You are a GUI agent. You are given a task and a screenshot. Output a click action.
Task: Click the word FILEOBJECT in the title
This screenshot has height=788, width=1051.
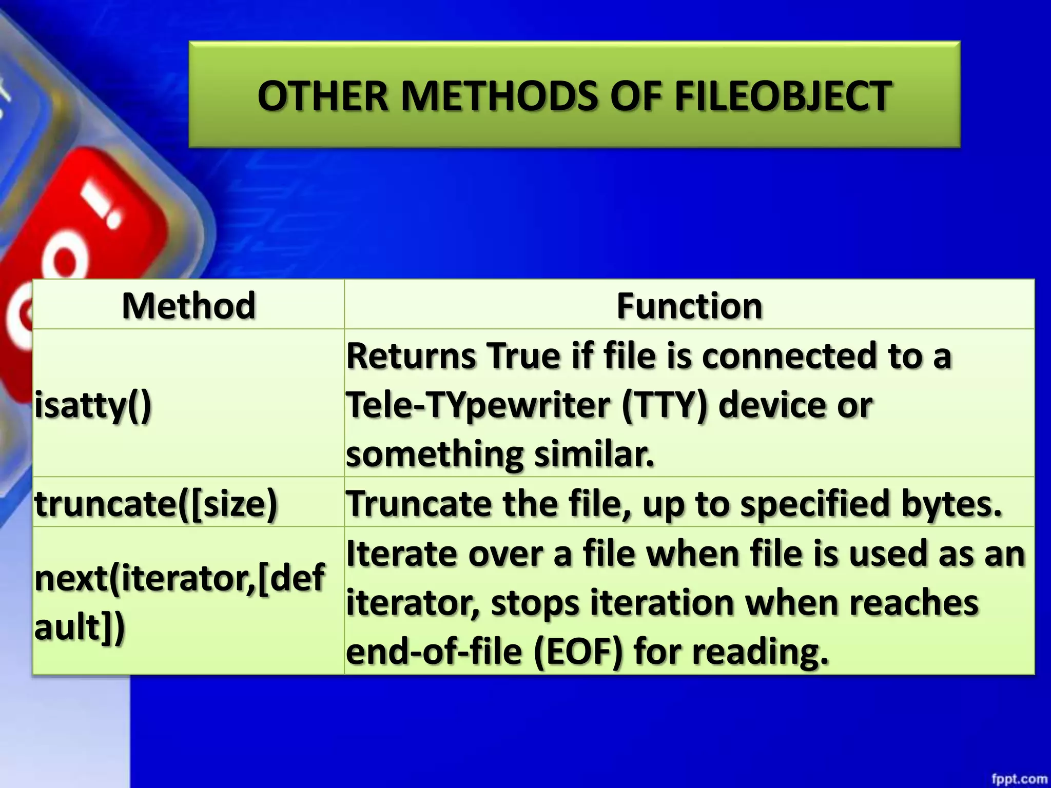pos(782,96)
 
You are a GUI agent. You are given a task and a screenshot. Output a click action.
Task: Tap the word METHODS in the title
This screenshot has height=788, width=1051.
pos(499,96)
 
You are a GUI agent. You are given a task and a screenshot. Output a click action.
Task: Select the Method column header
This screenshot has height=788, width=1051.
pos(188,306)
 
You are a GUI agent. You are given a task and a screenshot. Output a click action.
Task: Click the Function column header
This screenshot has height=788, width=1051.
pos(689,306)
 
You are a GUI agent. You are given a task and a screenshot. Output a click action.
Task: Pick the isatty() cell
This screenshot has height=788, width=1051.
pos(93,405)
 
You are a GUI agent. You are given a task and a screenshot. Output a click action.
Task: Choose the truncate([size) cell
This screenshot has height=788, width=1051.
pos(156,503)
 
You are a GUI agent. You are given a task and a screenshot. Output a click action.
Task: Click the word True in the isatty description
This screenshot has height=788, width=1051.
pos(524,356)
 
